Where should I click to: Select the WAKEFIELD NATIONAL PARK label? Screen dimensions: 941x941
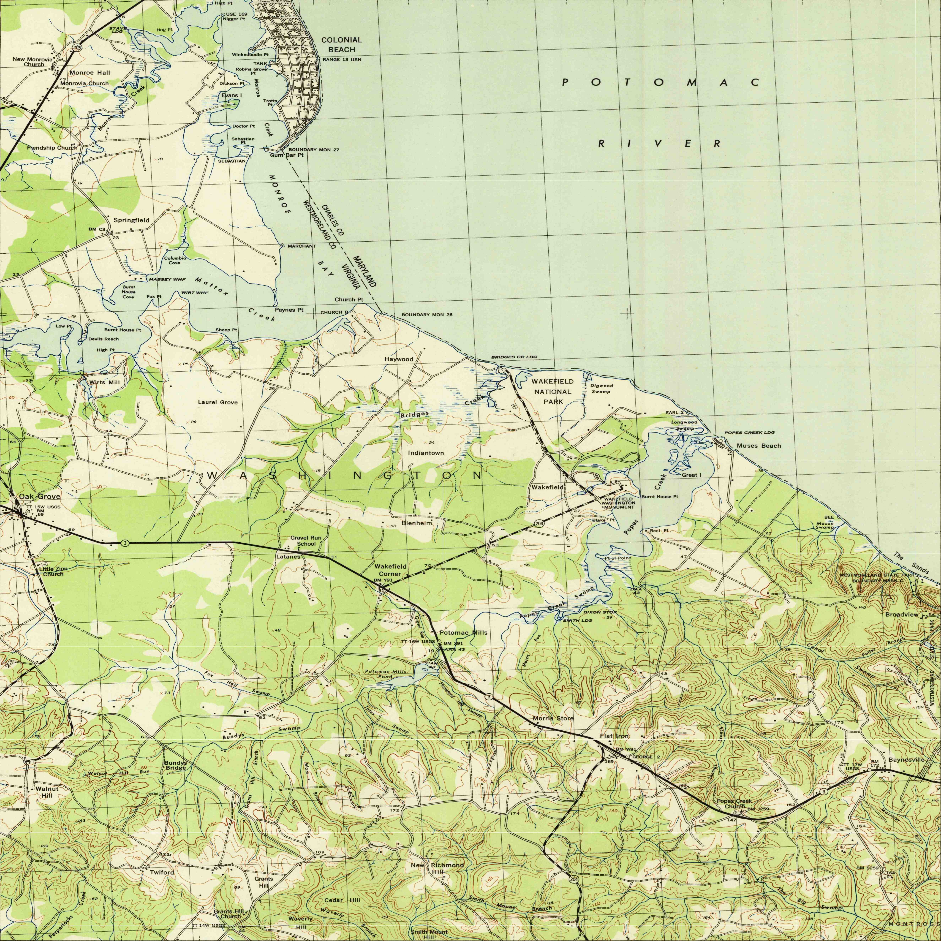coord(552,392)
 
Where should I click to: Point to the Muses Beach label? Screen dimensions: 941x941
coord(758,446)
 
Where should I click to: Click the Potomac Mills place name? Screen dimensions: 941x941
coord(463,632)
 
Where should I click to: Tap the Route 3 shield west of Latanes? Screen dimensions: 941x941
coord(125,543)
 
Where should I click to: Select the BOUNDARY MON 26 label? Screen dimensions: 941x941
coord(427,315)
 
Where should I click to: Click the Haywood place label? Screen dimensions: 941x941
coord(398,359)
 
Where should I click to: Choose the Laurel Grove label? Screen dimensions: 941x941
coord(218,402)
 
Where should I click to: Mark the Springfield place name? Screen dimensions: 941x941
coord(132,220)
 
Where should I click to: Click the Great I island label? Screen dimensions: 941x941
coord(691,475)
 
